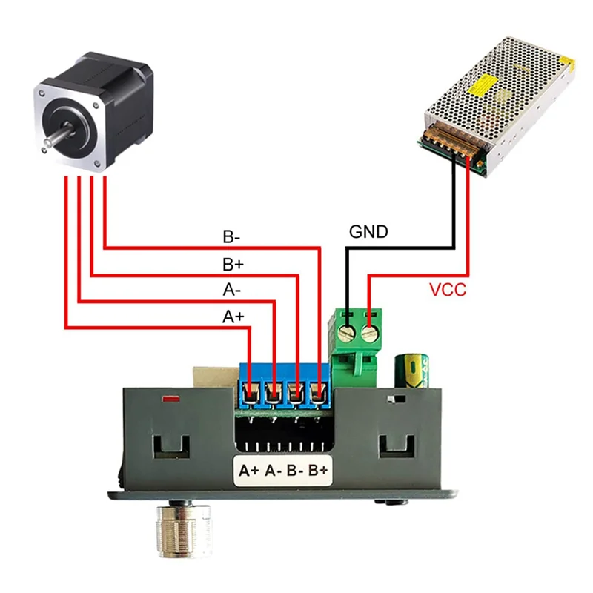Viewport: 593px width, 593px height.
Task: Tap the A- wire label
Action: click(231, 291)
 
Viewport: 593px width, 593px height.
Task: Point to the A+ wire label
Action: click(233, 317)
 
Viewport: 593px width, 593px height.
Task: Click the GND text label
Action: click(368, 232)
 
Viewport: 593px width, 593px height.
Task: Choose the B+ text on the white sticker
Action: click(318, 470)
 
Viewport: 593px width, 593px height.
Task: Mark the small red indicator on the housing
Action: click(171, 400)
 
